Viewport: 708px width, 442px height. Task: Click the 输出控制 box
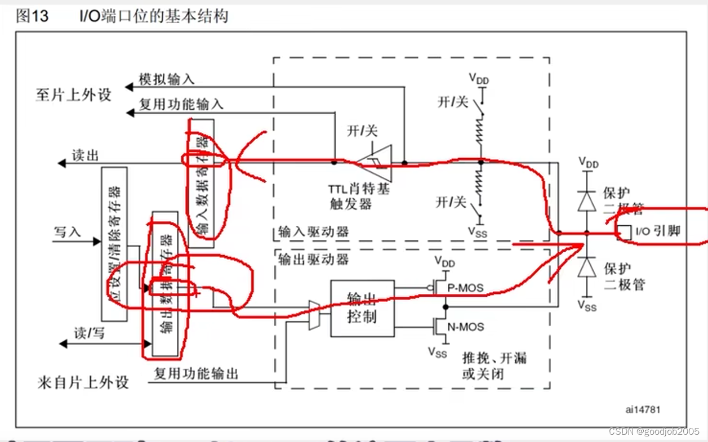click(x=362, y=308)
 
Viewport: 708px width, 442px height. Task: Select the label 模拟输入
click(x=166, y=80)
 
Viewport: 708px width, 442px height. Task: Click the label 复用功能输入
click(x=181, y=104)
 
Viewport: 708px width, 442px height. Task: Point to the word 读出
click(x=85, y=155)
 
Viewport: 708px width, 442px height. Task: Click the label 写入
click(x=68, y=231)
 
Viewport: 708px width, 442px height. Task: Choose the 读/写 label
click(x=90, y=333)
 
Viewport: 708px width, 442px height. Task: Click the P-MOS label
click(x=465, y=288)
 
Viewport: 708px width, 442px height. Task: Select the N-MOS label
click(x=465, y=327)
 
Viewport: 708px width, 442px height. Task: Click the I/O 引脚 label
click(x=658, y=231)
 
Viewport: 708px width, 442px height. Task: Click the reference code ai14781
click(x=643, y=410)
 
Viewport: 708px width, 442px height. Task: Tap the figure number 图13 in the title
click(x=33, y=16)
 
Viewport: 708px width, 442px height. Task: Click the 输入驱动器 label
click(x=314, y=232)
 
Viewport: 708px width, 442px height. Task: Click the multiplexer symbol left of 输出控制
click(x=314, y=313)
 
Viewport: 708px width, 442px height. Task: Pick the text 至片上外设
click(x=73, y=95)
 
